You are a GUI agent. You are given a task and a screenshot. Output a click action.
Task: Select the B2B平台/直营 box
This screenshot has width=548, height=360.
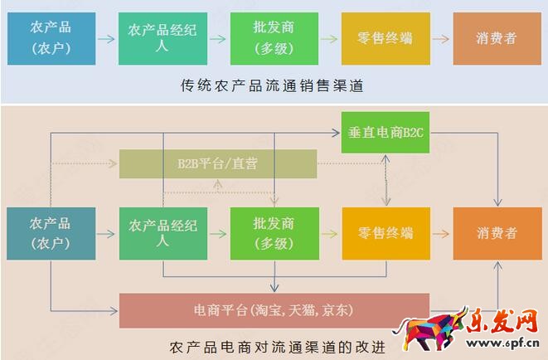pos(218,163)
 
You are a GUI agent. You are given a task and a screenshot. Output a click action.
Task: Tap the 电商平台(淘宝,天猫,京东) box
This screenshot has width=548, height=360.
pos(274,311)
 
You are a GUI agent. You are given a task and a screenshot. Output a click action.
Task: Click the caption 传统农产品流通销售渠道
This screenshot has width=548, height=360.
pos(273,85)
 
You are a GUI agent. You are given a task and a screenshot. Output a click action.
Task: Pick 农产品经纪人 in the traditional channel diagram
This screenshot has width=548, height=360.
pos(162,37)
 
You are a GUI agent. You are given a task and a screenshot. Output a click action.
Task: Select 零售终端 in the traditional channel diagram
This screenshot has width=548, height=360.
pos(386,37)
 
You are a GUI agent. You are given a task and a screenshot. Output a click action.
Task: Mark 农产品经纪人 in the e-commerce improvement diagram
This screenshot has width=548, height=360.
pos(162,233)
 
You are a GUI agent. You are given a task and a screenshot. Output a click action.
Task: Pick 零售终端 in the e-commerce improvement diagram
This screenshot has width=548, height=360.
pos(386,233)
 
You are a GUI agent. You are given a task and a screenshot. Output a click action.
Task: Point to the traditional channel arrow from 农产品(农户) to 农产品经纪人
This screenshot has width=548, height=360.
pos(107,38)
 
